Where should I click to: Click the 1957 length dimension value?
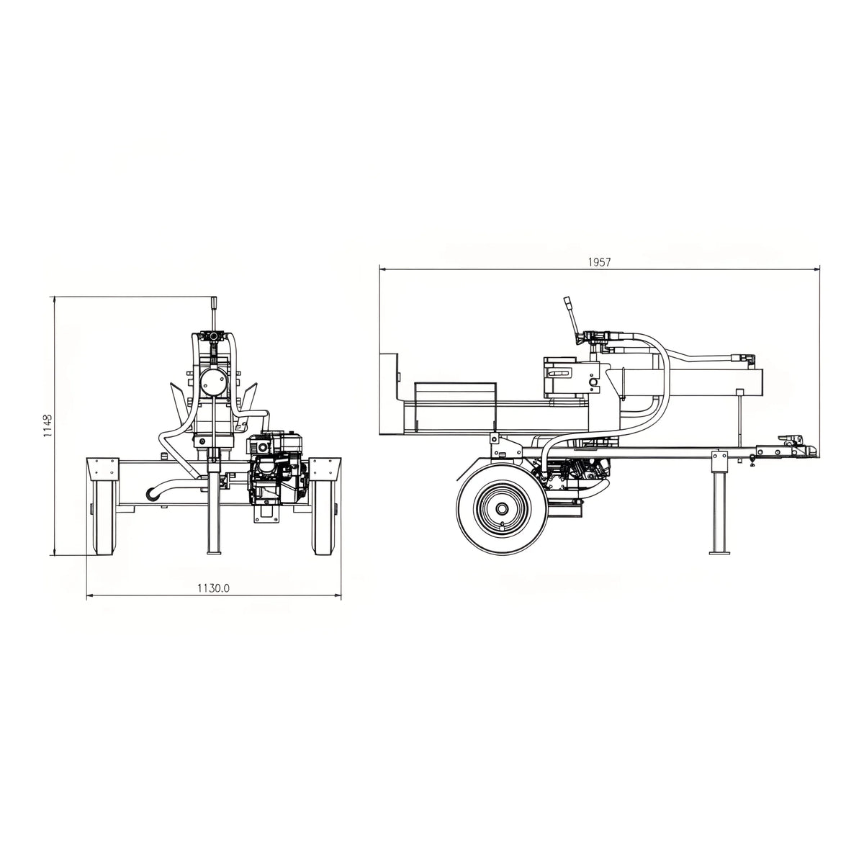pyautogui.click(x=599, y=262)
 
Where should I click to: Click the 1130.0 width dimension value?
pyautogui.click(x=213, y=588)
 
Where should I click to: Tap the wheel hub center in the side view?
pyautogui.click(x=501, y=508)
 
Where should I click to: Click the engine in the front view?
pyautogui.click(x=277, y=472)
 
